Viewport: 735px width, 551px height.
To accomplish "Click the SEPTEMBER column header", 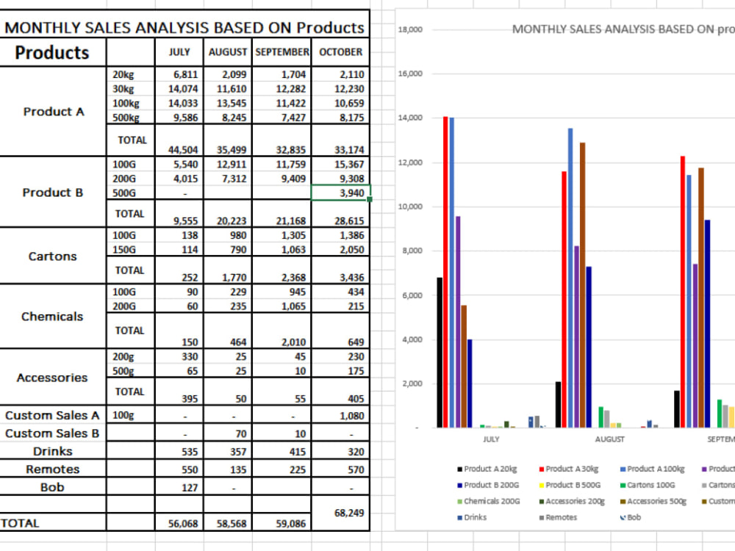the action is (282, 52).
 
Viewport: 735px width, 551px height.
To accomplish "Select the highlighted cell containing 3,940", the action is (341, 192).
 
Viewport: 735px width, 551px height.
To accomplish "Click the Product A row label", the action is (54, 112).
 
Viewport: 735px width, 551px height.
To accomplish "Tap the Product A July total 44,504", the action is (183, 150).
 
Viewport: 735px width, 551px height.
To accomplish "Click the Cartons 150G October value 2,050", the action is (352, 250).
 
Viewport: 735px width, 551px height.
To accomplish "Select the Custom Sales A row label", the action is (52, 415).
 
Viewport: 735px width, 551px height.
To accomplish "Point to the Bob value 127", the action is (190, 488).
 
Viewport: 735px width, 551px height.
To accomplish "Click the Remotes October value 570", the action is (356, 469).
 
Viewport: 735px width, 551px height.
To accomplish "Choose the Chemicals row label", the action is (52, 316).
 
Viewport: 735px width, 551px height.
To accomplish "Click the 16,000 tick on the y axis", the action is (410, 73).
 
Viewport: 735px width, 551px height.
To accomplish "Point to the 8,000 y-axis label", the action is (412, 251).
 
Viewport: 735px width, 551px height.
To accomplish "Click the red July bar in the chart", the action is (445, 272).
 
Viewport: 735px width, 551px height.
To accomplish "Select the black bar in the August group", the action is (558, 404).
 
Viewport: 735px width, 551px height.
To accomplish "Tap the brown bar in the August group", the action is (582, 285).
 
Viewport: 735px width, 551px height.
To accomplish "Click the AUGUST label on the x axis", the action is (609, 439).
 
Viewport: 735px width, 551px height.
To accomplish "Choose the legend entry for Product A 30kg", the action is (569, 469).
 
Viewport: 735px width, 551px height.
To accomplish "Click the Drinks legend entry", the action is (472, 517).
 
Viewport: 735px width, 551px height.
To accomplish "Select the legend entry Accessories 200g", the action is (572, 501).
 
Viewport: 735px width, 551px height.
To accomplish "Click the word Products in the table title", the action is (330, 28).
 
